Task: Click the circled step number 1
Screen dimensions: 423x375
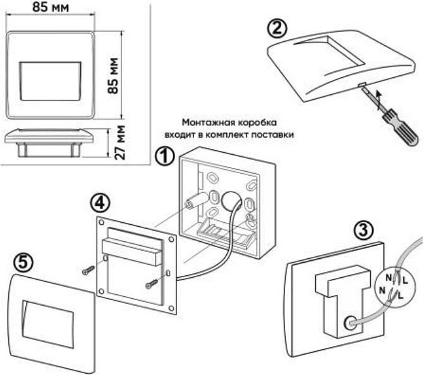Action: click(165, 157)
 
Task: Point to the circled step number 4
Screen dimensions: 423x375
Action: click(100, 203)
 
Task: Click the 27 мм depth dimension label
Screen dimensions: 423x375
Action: click(119, 142)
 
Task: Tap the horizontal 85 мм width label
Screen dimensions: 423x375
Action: click(50, 7)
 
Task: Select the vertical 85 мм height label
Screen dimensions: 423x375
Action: click(113, 76)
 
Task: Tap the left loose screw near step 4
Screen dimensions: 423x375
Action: click(88, 270)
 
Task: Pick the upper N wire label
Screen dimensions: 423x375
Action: click(388, 277)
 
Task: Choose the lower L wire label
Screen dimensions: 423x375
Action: click(400, 296)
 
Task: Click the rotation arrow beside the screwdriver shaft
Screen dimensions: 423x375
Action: click(379, 101)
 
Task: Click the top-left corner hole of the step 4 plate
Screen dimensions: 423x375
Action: click(101, 223)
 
